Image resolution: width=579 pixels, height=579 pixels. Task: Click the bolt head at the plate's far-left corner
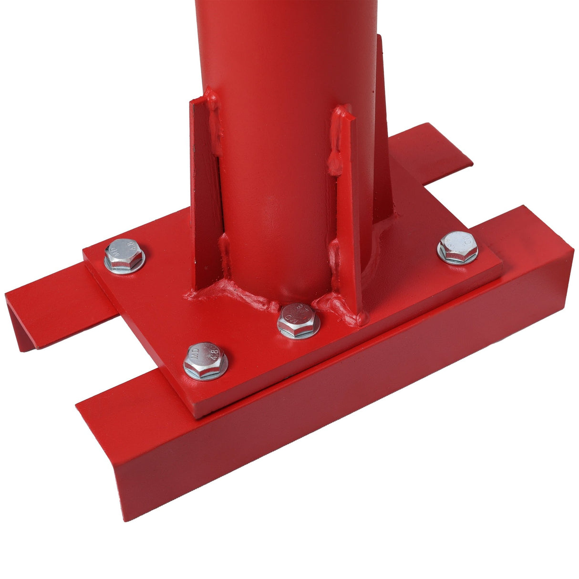(x=124, y=255)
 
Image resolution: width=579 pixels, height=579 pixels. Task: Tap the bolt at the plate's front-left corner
(x=206, y=360)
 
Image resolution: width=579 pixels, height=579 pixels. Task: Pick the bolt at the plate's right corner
(x=458, y=247)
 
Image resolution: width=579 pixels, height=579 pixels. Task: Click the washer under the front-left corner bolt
(x=206, y=374)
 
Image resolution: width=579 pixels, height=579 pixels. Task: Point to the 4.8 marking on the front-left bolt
(x=214, y=354)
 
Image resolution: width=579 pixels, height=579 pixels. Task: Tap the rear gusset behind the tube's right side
(x=384, y=134)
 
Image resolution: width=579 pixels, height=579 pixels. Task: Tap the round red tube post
(x=281, y=119)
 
